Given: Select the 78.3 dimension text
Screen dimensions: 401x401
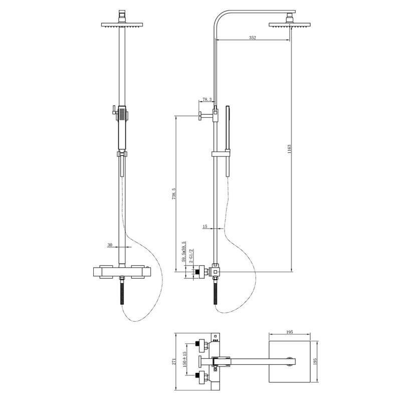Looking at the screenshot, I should [x=207, y=100].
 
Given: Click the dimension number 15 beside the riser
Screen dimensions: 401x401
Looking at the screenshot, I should [x=205, y=227].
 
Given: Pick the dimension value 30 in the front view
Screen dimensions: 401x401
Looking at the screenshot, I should [x=110, y=245].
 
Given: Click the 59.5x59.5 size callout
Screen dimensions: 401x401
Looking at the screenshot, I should [x=184, y=252].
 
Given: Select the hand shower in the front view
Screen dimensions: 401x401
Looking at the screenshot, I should [x=121, y=123].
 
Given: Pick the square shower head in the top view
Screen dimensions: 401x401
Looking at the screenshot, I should [x=289, y=361].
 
